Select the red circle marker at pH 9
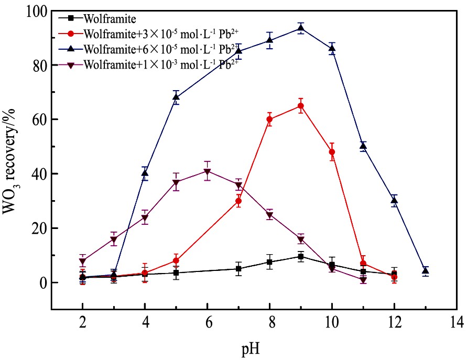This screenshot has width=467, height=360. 301,106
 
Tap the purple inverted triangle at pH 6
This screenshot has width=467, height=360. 207,171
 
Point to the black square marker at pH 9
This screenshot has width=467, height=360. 301,257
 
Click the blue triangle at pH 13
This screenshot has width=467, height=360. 426,271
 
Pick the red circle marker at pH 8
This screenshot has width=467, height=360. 269,119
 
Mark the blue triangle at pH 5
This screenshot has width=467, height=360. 176,97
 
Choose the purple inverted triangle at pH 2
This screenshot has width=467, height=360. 82,261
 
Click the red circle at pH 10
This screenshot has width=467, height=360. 332,152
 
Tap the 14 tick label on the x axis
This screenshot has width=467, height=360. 457,321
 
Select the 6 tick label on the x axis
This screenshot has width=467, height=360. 207,321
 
